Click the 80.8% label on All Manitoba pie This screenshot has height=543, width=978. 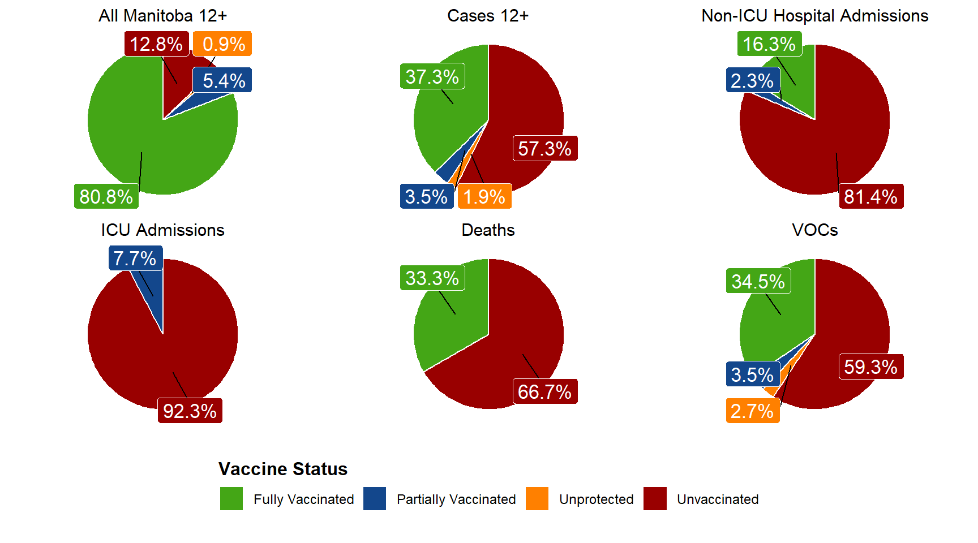coord(106,196)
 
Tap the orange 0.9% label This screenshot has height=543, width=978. coord(222,44)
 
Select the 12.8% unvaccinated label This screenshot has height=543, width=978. coord(156,44)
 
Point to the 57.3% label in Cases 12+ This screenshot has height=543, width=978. coord(544,148)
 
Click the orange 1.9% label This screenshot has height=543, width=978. coord(484,196)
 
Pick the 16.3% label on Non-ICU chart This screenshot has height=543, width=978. coord(769,44)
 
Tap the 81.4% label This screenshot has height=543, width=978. coord(870,196)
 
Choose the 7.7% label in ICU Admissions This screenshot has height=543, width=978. coord(135,258)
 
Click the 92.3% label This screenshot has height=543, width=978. coord(190,411)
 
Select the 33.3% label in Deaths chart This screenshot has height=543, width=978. coord(432,278)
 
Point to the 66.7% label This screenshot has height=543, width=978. coord(544,391)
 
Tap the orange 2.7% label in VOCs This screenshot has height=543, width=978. coord(752,411)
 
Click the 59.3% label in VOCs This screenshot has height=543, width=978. coord(870,367)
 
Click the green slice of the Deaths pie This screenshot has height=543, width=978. coord(447,328)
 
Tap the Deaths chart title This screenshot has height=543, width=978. coord(488,230)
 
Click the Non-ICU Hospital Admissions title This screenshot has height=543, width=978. coord(814,16)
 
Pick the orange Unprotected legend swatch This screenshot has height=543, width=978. coord(537,498)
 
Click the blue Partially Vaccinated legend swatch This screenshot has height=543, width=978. coord(375,498)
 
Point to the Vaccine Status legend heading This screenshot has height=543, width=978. coord(282,469)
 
